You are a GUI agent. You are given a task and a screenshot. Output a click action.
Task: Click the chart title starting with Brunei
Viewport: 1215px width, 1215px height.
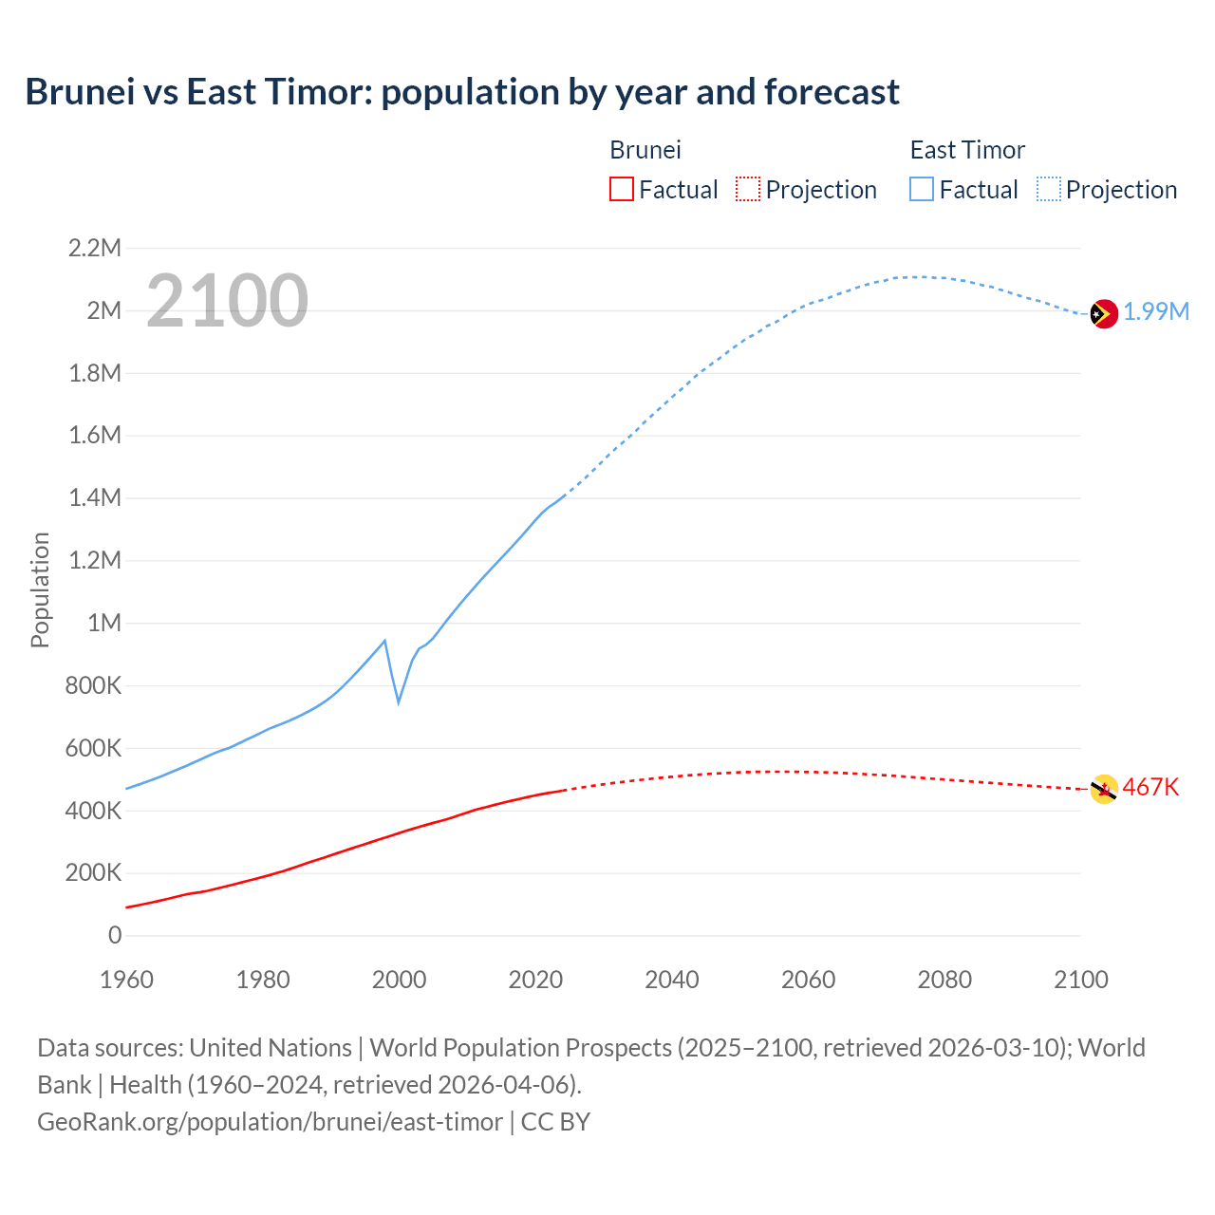point(462,92)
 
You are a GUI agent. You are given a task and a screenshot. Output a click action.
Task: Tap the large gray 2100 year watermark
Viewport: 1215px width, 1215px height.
point(227,301)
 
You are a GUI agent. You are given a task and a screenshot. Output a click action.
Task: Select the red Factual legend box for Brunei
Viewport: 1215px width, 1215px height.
point(621,189)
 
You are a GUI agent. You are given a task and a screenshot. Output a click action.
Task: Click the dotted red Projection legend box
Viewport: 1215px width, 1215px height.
point(748,189)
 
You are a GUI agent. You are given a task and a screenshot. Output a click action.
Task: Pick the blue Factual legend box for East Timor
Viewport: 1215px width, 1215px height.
point(922,189)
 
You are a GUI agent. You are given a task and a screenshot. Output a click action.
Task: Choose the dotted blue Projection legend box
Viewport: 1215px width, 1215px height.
point(1048,189)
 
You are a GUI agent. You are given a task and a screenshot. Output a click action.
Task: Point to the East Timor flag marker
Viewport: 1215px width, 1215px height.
point(1103,313)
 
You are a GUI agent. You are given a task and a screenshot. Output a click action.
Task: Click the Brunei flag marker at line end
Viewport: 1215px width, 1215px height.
point(1103,789)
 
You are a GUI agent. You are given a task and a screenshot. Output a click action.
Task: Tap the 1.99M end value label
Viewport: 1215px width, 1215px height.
point(1156,312)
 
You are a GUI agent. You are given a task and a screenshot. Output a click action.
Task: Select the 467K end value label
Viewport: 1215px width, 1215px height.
point(1150,787)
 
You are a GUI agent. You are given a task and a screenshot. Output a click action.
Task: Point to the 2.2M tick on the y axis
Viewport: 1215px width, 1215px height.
point(95,249)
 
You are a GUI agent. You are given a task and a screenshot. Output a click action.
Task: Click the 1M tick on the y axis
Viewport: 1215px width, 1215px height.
point(104,623)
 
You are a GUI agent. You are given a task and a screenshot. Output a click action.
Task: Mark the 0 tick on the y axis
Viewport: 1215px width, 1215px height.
point(115,935)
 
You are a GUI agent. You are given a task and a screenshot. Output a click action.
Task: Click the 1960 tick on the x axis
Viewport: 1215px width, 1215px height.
point(126,980)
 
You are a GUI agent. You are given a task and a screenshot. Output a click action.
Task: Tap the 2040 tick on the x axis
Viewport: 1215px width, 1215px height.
point(672,980)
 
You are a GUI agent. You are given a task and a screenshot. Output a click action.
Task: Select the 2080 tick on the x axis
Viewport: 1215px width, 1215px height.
point(944,980)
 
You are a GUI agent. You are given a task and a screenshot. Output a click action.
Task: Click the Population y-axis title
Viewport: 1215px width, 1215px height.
point(40,589)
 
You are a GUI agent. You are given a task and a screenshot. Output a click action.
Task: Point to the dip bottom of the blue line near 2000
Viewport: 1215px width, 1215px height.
point(399,701)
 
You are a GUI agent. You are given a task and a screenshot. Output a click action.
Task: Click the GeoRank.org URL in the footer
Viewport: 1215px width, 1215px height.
point(270,1122)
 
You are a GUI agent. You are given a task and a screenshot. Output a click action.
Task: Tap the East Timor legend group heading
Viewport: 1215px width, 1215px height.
point(967,150)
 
